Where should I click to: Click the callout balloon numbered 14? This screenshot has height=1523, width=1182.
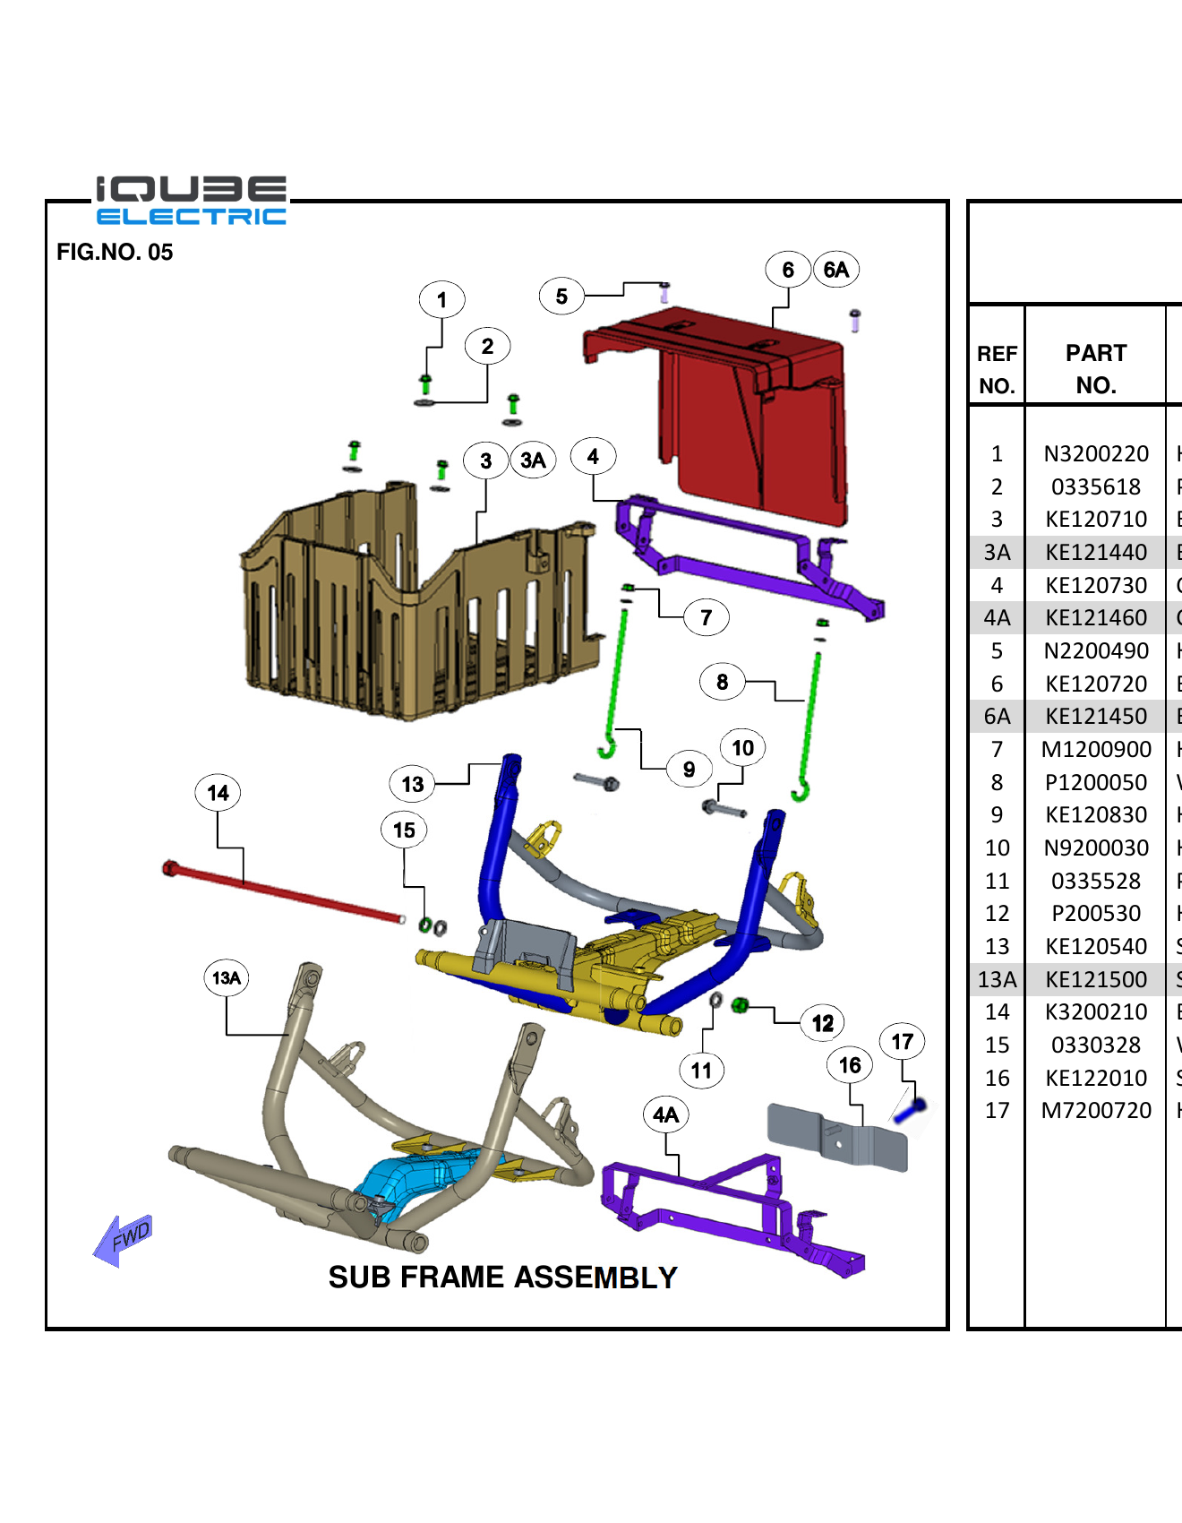(x=218, y=793)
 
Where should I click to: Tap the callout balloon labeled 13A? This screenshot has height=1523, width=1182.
(x=227, y=977)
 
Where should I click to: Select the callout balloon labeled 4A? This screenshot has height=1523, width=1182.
(x=665, y=1115)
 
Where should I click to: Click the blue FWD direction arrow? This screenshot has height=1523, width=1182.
(x=124, y=1240)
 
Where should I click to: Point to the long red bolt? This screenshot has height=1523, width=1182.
(x=287, y=893)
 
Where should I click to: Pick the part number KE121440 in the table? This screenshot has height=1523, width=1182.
(x=1096, y=553)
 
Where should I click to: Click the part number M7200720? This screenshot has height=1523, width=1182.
(x=1096, y=1111)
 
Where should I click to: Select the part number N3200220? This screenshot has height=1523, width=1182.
(x=1096, y=454)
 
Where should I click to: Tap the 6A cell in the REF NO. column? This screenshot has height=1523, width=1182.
(x=997, y=717)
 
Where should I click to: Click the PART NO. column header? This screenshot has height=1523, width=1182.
(x=1096, y=368)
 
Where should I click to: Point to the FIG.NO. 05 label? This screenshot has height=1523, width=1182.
(x=115, y=253)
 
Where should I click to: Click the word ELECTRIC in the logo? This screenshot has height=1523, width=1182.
(x=191, y=217)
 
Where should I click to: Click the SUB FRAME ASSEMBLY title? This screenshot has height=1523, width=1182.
(x=502, y=1277)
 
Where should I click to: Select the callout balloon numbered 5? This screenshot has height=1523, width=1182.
(x=561, y=297)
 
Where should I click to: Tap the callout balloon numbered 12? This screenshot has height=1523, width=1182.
(x=822, y=1023)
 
